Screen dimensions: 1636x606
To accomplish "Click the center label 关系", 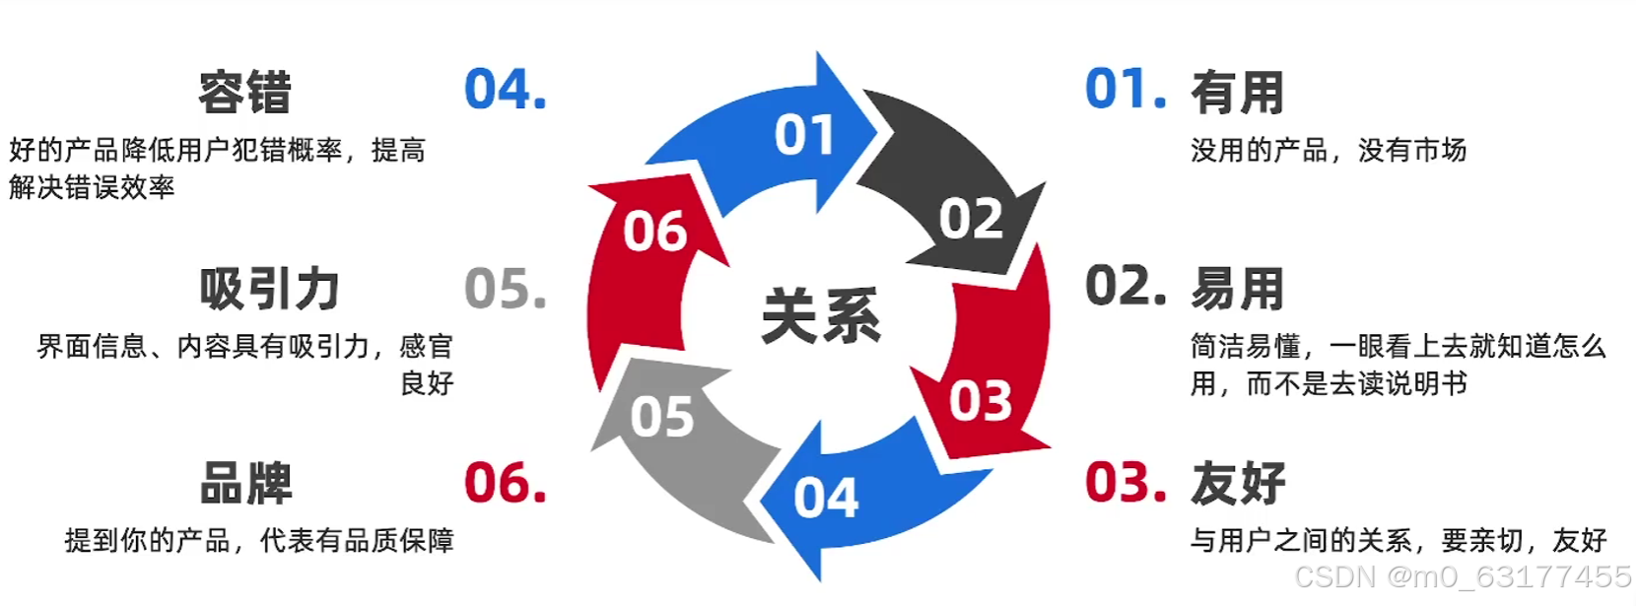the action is (821, 316).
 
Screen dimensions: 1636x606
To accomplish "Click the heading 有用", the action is (1237, 93).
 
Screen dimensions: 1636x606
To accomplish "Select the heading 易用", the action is (1237, 289).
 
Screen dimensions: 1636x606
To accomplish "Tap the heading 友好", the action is (1238, 484).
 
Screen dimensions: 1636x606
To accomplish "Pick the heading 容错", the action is (244, 94).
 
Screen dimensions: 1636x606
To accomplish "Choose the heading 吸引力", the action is (269, 289).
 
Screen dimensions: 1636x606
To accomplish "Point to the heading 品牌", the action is (245, 484).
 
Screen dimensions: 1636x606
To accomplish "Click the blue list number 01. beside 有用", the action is (1125, 89).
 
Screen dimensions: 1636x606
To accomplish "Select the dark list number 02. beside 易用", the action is (1125, 287).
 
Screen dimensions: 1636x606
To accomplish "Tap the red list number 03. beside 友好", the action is (1125, 483).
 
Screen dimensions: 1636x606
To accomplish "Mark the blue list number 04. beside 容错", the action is (505, 90).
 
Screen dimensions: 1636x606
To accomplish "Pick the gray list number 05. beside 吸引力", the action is (505, 289).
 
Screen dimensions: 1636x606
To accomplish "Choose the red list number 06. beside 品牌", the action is (505, 483).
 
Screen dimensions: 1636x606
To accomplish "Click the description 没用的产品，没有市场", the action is (1329, 151).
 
